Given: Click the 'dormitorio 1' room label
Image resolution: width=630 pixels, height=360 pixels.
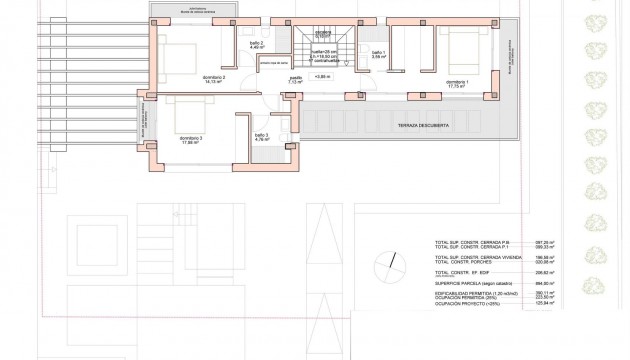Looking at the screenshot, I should point(457,84).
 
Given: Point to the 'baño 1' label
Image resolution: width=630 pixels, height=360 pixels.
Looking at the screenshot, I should point(378,55).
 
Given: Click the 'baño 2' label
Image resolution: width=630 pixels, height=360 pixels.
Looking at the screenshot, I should point(256,46).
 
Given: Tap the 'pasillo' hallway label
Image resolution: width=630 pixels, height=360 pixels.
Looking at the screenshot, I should point(296,76).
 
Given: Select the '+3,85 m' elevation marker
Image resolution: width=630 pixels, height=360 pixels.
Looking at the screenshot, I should point(321,76).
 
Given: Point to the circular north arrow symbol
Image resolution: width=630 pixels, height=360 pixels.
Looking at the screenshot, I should point(386,265).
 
